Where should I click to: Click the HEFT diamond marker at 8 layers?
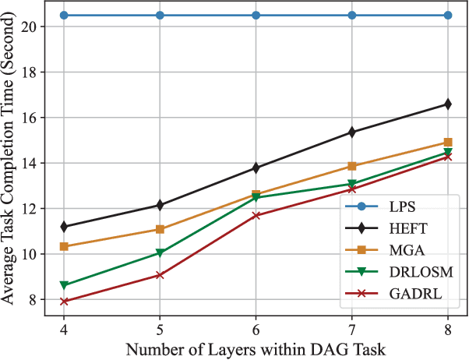click(x=448, y=104)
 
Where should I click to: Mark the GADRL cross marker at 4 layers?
click(x=64, y=302)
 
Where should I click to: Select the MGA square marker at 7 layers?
click(x=352, y=166)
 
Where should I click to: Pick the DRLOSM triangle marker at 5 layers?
click(x=160, y=253)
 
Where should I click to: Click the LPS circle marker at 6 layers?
click(x=256, y=16)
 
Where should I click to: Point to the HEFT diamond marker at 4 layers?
click(x=64, y=227)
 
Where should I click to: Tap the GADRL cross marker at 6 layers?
click(x=256, y=215)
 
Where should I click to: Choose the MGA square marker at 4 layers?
click(x=64, y=247)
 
